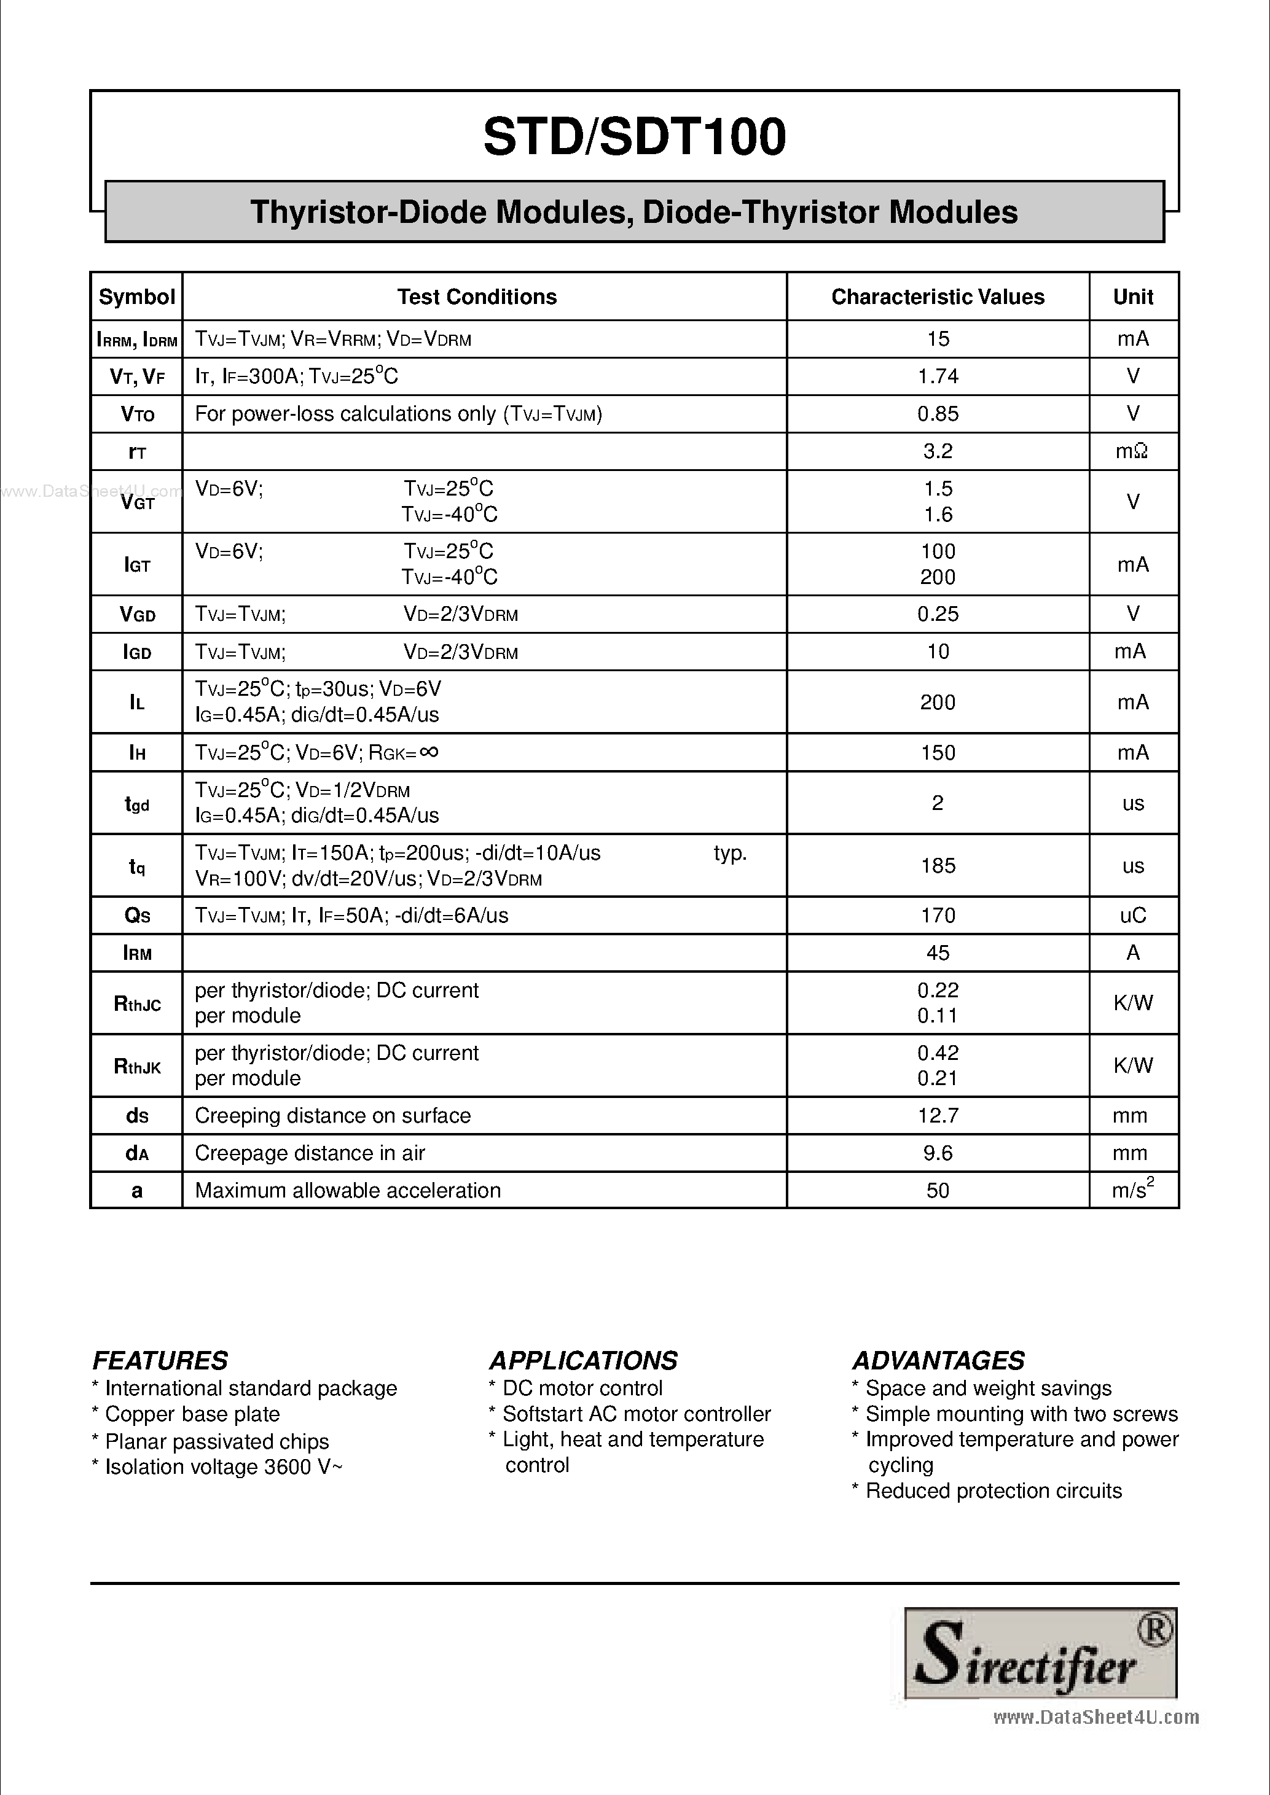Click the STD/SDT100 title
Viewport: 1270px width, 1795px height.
pyautogui.click(x=634, y=138)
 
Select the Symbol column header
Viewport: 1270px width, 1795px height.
pyautogui.click(x=137, y=297)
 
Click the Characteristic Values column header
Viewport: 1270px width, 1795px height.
pyautogui.click(x=937, y=297)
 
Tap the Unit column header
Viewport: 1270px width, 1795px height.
pyautogui.click(x=1132, y=297)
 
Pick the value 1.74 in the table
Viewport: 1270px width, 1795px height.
pyautogui.click(x=937, y=377)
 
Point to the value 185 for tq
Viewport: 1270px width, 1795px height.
pyautogui.click(x=937, y=865)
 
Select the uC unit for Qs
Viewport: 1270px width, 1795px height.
pyautogui.click(x=1132, y=916)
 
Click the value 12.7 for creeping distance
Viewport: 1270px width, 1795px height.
pyautogui.click(x=937, y=1116)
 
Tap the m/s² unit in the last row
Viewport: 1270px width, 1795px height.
pyautogui.click(x=1132, y=1190)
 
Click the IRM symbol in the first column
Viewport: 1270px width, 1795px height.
pyautogui.click(x=137, y=953)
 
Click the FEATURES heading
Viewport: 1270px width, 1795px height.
pyautogui.click(x=160, y=1361)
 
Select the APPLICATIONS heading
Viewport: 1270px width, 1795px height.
pyautogui.click(x=583, y=1361)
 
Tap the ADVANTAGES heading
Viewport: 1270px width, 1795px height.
pyautogui.click(x=938, y=1361)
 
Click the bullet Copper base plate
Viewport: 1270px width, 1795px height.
pyautogui.click(x=192, y=1414)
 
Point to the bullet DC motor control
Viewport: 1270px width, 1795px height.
pyautogui.click(x=582, y=1388)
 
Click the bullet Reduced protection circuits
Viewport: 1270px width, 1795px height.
pyautogui.click(x=993, y=1491)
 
